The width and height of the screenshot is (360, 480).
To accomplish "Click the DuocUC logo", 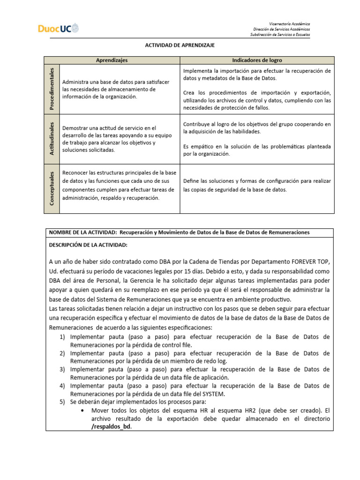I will click(58, 29).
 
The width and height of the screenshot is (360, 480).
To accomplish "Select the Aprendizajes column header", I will click(112, 60).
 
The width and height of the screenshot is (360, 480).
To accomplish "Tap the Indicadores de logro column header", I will click(257, 60).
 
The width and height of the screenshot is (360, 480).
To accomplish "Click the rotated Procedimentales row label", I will click(52, 89).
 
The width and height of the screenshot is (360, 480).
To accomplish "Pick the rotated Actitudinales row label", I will click(52, 139).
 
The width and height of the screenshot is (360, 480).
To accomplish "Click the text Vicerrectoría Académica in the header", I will click(289, 23).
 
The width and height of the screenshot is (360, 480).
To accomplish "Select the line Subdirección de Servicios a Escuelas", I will click(280, 34).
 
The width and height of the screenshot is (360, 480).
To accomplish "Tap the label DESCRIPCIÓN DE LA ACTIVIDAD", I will click(88, 245).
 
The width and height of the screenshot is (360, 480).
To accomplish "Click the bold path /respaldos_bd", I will click(111, 427).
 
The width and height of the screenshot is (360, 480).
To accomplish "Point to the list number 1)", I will click(62, 337).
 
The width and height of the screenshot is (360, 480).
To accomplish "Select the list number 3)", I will click(62, 369).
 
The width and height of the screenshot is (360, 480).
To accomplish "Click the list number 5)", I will click(62, 402).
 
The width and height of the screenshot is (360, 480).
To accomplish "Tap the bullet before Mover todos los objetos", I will click(82, 410).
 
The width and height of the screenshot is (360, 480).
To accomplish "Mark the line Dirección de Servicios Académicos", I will click(281, 29).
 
